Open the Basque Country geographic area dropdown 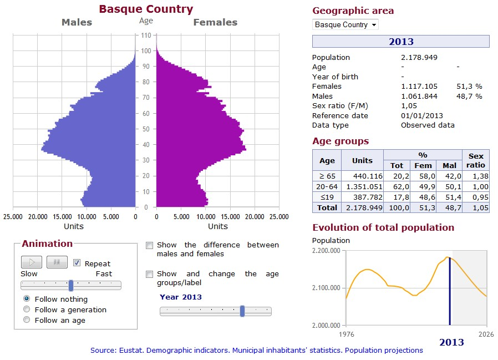coord(345,25)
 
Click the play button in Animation coord(32,262)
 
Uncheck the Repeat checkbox coord(77,263)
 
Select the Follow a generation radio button coord(27,310)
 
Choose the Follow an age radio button coord(27,320)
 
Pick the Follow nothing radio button coord(27,299)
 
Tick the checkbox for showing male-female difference coord(149,245)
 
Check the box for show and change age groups coord(149,274)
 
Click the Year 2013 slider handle coord(242,311)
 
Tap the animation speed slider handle coord(71,285)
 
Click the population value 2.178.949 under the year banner coord(419,58)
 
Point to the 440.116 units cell coord(362,176)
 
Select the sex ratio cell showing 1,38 coord(476,176)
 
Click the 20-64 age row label coord(327,186)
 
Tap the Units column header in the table coord(362,160)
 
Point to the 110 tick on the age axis coord(146,36)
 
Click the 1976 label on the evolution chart coord(345,334)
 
